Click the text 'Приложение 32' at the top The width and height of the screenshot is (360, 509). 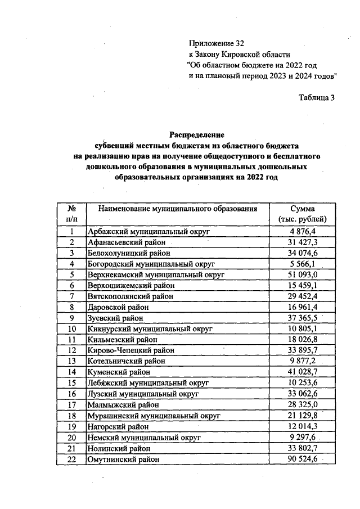click(217, 43)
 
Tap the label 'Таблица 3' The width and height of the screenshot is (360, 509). click(317, 97)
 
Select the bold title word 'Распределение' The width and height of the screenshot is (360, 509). click(197, 135)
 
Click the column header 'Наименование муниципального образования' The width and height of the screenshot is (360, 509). click(178, 209)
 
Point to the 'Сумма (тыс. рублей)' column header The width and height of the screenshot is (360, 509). click(303, 214)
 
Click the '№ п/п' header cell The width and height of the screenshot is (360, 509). click(71, 214)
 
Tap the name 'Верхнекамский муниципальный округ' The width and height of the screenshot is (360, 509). click(156, 274)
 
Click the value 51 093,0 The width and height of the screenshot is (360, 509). click(303, 274)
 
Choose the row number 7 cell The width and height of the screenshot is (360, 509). click(71, 296)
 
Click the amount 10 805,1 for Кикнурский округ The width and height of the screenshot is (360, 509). click(303, 328)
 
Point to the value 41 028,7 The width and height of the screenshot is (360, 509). click(303, 372)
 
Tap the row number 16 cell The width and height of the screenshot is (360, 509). click(71, 394)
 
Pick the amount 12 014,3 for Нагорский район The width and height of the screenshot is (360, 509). click(303, 426)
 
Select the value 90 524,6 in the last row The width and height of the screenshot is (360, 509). click(303, 459)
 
